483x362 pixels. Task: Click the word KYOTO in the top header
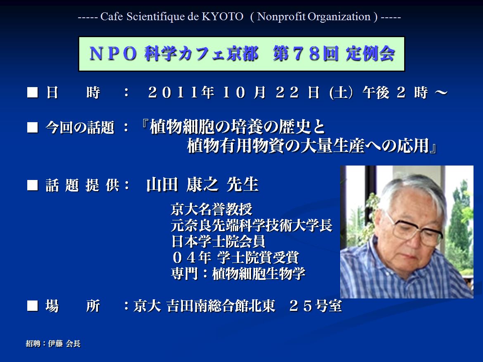223,17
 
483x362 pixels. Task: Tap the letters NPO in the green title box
113,54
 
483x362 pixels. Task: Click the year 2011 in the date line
173,92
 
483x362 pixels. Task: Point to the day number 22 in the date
287,92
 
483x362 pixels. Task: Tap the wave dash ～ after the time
441,92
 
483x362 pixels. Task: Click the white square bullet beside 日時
32,92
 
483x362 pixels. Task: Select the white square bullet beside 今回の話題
32,128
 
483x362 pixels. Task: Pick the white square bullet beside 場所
32,306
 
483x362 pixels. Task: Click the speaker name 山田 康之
182,185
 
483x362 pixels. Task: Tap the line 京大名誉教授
212,210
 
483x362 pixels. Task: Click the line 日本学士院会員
218,241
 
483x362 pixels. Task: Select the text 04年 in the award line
192,258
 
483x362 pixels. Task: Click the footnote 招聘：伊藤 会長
53,343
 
